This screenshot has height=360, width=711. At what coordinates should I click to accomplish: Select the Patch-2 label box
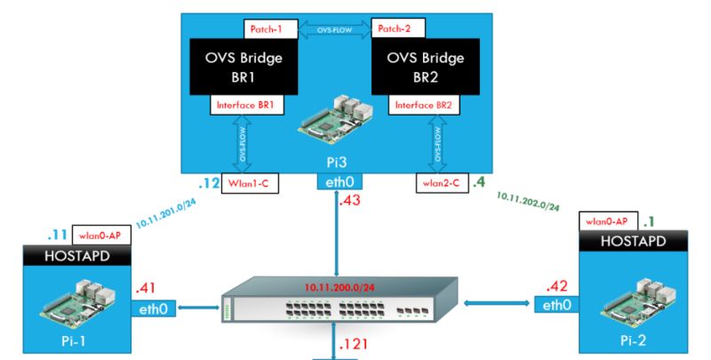click(398, 28)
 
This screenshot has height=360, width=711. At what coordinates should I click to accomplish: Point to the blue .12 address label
click(208, 184)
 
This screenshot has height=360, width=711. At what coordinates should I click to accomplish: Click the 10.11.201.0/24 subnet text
click(165, 211)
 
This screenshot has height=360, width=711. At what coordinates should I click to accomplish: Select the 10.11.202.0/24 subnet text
click(528, 200)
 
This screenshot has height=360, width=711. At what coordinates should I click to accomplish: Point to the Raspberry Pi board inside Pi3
click(330, 129)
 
